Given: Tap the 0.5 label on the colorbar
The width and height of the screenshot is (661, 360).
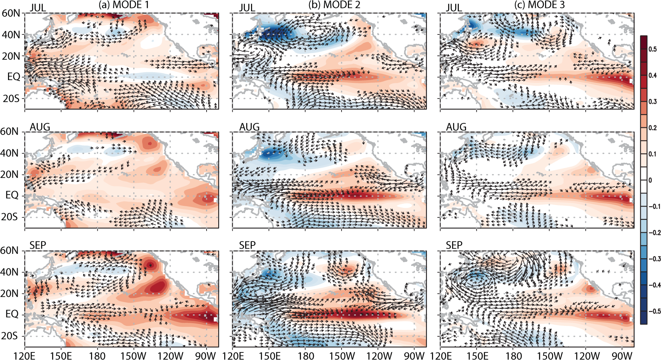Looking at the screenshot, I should pyautogui.click(x=653, y=49).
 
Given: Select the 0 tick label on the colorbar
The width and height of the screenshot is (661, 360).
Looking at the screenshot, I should pyautogui.click(x=651, y=180).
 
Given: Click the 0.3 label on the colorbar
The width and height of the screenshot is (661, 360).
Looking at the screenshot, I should pyautogui.click(x=653, y=102).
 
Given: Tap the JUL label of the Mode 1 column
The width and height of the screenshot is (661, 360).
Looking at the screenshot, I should pyautogui.click(x=38, y=8).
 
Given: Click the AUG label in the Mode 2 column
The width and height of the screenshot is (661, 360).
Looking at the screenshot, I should pyautogui.click(x=249, y=127).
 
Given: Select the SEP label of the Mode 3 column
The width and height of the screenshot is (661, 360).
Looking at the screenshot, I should pyautogui.click(x=454, y=245).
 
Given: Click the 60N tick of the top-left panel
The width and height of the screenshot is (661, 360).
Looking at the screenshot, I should pyautogui.click(x=11, y=13).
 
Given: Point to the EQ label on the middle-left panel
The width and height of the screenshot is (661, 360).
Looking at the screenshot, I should pyautogui.click(x=12, y=195).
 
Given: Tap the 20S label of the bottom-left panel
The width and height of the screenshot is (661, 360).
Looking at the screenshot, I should pyautogui.click(x=9, y=336).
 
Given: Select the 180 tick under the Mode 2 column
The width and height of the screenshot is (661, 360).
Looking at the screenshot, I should pyautogui.click(x=306, y=356).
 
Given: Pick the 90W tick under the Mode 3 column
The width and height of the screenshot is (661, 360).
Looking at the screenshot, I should pyautogui.click(x=622, y=356).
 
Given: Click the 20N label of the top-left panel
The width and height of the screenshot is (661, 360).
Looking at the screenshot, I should pyautogui.click(x=11, y=56).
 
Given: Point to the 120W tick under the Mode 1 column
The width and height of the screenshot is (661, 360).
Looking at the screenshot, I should pyautogui.click(x=170, y=356).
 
